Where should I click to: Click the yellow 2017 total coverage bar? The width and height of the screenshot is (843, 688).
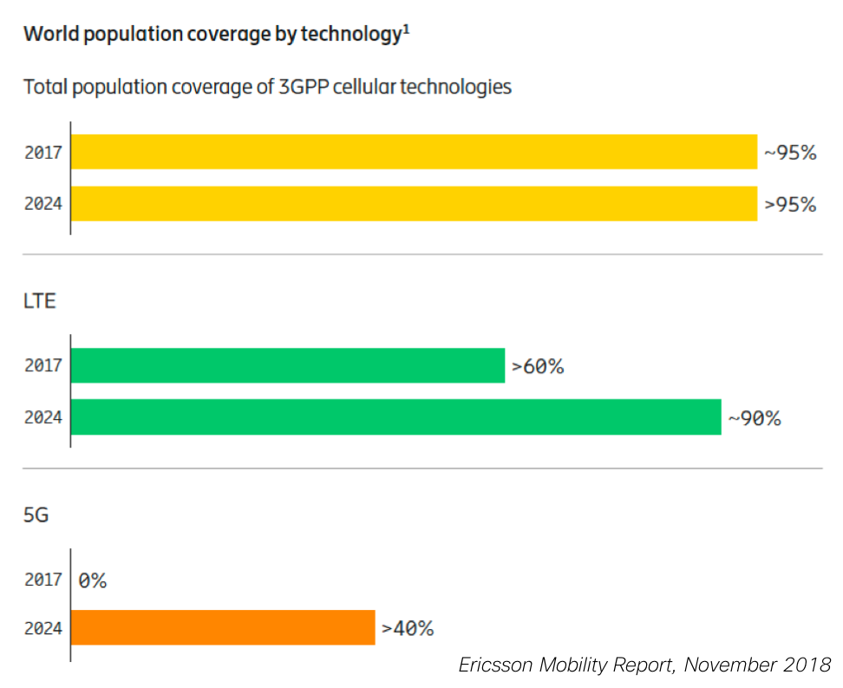tap(414, 152)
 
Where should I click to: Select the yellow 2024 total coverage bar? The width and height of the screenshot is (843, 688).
tap(414, 203)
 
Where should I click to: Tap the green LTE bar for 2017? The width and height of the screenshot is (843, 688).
tap(288, 365)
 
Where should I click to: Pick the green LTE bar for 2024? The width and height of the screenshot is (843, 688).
tap(395, 417)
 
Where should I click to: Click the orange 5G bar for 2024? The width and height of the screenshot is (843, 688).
tap(223, 627)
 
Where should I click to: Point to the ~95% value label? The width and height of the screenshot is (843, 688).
tap(790, 153)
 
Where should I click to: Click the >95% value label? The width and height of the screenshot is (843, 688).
tap(790, 205)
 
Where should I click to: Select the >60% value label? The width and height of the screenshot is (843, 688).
tap(538, 366)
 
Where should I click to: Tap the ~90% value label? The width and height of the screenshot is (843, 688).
tap(755, 418)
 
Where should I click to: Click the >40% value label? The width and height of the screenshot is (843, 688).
tap(408, 628)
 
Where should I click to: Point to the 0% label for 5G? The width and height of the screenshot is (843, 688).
tap(93, 580)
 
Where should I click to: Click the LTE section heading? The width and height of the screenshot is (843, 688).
tap(39, 301)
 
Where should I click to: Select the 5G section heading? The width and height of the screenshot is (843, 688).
tap(36, 514)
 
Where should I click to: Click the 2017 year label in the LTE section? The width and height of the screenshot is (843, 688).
tap(43, 365)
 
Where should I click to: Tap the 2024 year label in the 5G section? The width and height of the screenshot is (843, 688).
tap(43, 628)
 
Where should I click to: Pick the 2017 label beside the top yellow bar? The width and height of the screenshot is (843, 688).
tap(43, 152)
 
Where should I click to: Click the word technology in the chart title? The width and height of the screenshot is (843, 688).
tap(351, 35)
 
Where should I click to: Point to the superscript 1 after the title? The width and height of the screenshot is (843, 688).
tap(407, 29)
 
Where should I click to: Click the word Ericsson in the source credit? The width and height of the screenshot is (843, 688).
tap(495, 665)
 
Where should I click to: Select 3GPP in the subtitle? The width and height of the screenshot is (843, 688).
tap(304, 87)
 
